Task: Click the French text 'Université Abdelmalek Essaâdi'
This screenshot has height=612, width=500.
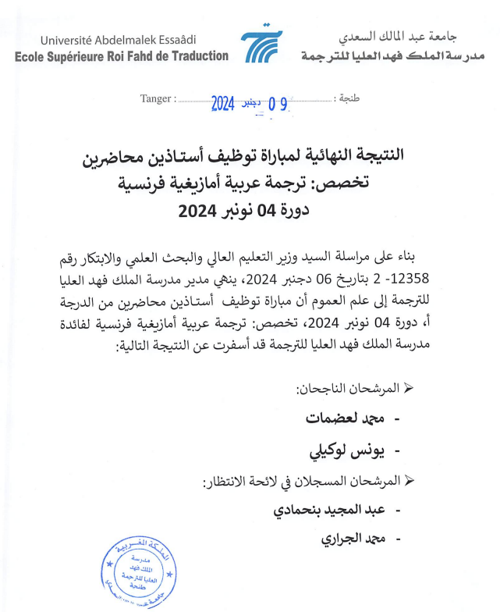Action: [119, 40]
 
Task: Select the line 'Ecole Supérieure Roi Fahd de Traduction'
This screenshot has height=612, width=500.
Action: [122, 56]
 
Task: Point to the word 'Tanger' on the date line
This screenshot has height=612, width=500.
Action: [156, 99]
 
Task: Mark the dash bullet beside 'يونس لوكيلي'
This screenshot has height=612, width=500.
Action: [402, 452]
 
